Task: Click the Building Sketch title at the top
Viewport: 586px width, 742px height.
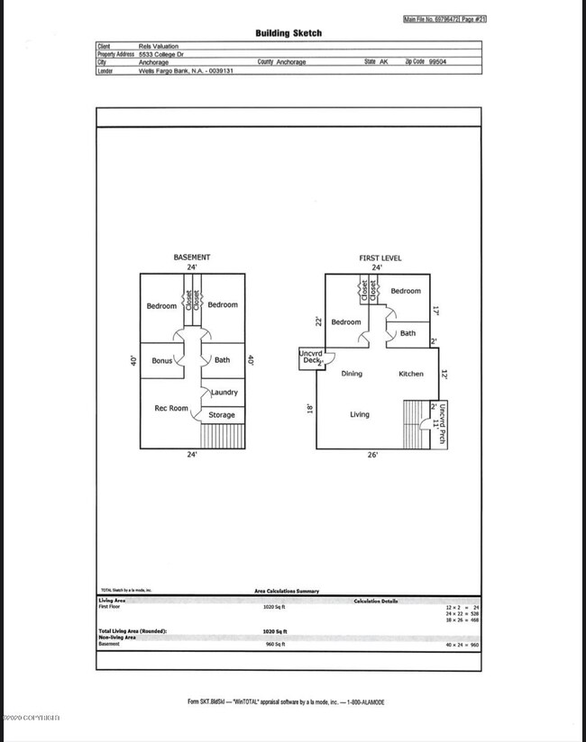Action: coord(288,33)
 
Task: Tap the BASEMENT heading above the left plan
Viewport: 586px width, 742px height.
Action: coord(191,258)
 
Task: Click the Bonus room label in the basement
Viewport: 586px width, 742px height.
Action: coord(162,360)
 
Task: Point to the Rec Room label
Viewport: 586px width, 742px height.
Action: coord(170,408)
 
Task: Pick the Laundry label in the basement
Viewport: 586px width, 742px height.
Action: coord(224,393)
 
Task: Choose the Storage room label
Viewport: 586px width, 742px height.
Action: coord(222,415)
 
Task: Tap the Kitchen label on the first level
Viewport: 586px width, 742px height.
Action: coord(411,374)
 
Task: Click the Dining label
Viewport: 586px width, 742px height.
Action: coord(352,374)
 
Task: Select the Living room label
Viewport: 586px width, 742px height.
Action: coord(360,414)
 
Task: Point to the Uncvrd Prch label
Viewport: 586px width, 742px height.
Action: coord(442,423)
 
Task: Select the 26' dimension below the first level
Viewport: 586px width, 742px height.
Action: coord(373,456)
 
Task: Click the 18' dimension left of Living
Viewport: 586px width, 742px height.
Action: coord(308,407)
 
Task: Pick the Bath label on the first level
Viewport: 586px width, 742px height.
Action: coord(408,333)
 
